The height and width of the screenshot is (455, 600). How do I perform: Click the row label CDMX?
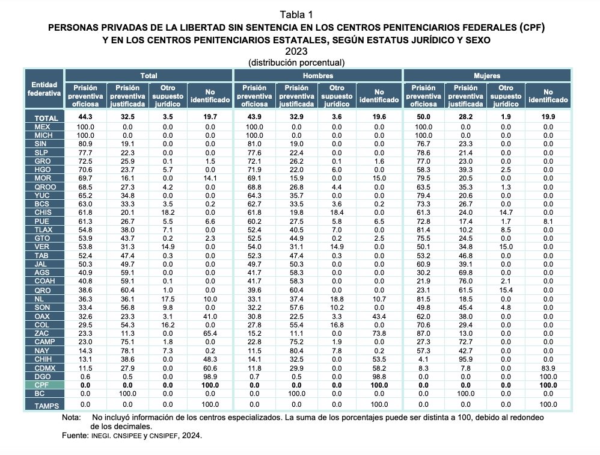(x=44, y=368)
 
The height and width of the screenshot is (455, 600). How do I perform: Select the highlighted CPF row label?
(x=41, y=385)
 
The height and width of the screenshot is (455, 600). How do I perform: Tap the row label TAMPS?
(x=46, y=406)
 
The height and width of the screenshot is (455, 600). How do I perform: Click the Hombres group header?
(x=318, y=76)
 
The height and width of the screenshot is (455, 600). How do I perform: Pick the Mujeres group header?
(x=487, y=76)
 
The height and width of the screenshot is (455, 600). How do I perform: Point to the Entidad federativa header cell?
(x=44, y=89)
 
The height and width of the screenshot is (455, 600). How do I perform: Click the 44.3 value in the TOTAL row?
(x=85, y=117)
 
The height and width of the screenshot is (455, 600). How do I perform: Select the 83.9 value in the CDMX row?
(x=548, y=368)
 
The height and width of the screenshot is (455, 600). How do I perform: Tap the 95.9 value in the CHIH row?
(x=466, y=359)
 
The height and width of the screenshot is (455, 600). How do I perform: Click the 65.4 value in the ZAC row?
(x=210, y=333)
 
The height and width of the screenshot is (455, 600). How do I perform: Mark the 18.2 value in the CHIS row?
(x=168, y=212)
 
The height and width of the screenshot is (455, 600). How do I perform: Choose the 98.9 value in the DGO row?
(x=210, y=377)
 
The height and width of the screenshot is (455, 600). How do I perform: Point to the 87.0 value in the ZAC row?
(x=423, y=333)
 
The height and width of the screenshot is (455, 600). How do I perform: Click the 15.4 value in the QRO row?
(x=506, y=290)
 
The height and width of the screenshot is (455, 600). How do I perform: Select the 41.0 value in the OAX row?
(x=210, y=317)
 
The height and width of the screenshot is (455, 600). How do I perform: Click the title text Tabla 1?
(x=296, y=14)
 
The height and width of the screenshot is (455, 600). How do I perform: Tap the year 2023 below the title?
(x=296, y=51)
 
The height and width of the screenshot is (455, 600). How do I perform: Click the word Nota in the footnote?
(x=71, y=418)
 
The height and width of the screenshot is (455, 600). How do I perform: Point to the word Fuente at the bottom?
(x=75, y=436)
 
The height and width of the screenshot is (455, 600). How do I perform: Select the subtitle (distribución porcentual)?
(x=296, y=63)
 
